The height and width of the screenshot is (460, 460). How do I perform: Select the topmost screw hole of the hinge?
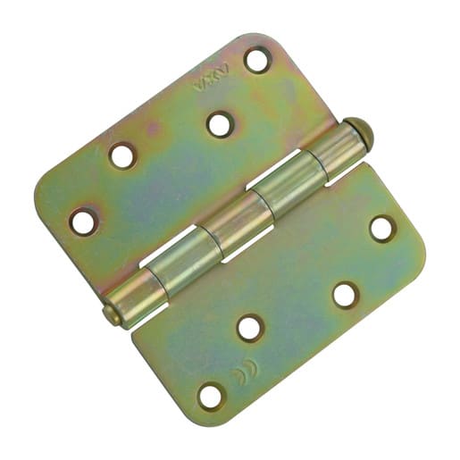[x=257, y=60]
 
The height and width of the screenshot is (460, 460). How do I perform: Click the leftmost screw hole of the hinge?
[x=83, y=221]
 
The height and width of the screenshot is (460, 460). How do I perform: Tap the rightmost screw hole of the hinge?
[x=382, y=228]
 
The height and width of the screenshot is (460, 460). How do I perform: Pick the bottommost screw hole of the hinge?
[x=211, y=394]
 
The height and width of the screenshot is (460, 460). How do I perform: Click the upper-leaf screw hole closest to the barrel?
[x=220, y=124]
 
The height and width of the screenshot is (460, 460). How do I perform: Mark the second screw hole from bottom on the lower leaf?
[x=251, y=328]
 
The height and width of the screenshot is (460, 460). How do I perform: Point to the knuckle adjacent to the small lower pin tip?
[x=135, y=296]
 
